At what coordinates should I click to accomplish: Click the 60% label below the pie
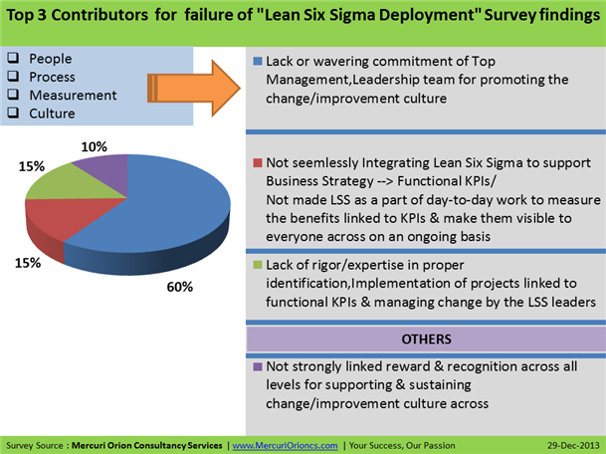pyautogui.click(x=179, y=287)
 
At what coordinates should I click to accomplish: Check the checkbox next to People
pyautogui.click(x=13, y=60)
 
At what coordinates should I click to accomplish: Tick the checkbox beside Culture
pyautogui.click(x=13, y=113)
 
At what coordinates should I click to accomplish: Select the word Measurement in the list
pyautogui.click(x=73, y=96)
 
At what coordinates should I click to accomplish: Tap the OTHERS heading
pyautogui.click(x=425, y=339)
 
